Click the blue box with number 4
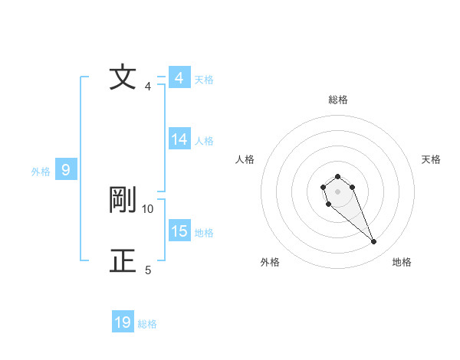(x=179, y=78)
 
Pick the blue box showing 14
(x=179, y=139)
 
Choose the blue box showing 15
(x=179, y=231)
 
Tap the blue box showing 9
(x=66, y=170)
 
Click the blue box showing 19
(x=123, y=322)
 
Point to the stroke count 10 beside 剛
(x=148, y=208)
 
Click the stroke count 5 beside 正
(x=148, y=270)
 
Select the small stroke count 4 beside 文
(x=148, y=86)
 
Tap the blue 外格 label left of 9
(x=41, y=172)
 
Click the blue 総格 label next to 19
(x=147, y=324)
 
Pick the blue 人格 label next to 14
(x=204, y=141)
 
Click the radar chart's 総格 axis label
(x=338, y=100)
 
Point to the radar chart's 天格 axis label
(x=431, y=159)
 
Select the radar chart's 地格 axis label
(x=402, y=262)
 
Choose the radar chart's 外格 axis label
(x=270, y=262)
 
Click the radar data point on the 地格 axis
(x=374, y=242)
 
